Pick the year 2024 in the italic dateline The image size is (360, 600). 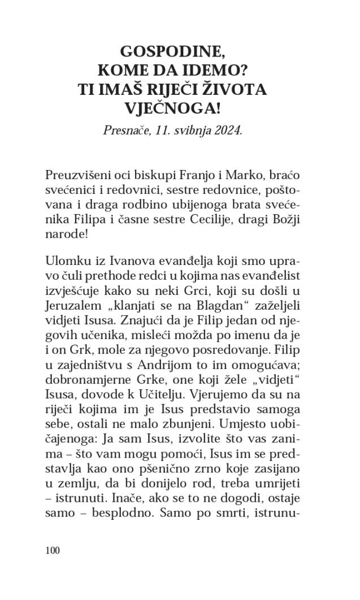coord(227,130)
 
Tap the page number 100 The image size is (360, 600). coord(52,550)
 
